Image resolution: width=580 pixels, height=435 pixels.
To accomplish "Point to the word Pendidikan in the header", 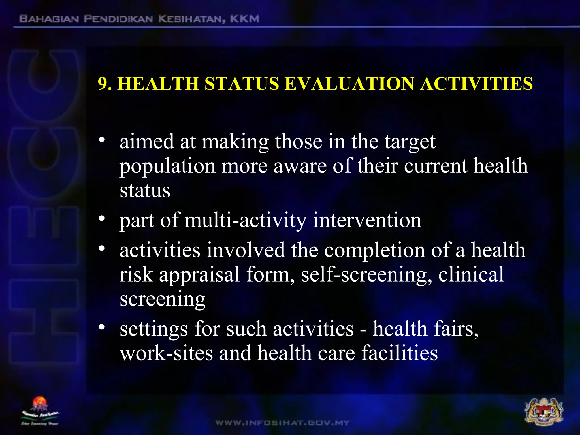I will (119, 19).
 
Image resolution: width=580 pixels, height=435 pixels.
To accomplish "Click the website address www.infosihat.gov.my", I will (282, 423).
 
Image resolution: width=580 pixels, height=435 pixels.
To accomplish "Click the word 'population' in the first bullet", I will (167, 167).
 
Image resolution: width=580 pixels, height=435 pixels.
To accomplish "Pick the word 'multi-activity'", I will (245, 220).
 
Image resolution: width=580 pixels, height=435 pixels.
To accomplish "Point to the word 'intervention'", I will (367, 220).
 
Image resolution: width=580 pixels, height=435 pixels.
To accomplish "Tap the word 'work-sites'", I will (166, 353).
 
